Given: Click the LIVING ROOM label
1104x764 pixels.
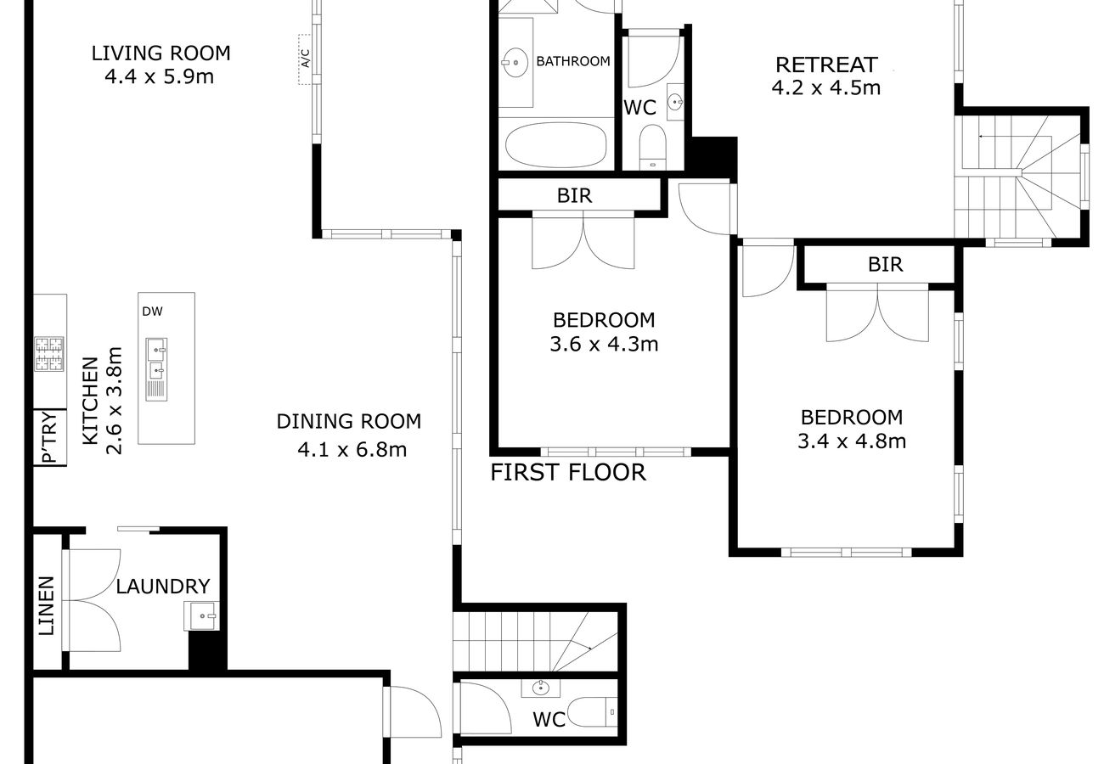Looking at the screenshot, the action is [161, 53].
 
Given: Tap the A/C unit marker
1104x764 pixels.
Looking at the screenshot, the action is [305, 59].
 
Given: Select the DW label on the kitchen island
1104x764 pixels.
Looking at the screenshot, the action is [152, 312].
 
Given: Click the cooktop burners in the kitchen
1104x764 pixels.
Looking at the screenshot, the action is [49, 354].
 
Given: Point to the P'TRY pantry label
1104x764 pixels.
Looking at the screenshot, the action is [50, 437].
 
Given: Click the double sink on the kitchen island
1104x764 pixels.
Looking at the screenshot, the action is [156, 369].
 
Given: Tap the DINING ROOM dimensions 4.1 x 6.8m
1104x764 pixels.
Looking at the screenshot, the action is [352, 450].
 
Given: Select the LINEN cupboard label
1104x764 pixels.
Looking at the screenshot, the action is [47, 606].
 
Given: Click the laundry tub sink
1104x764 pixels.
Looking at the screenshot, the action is [201, 615].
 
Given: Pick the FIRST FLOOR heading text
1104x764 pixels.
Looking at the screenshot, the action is [568, 472].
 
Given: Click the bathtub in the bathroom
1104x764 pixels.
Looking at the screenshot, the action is [556, 145].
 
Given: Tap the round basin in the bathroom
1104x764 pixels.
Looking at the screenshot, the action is [515, 63].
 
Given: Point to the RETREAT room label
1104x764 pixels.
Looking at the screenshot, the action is [826, 65].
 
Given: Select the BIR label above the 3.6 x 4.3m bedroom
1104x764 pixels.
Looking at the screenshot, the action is [574, 196].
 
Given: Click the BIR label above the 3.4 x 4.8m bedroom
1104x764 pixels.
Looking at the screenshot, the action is [885, 265].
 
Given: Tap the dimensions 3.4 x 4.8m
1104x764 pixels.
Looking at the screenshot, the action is [852, 441].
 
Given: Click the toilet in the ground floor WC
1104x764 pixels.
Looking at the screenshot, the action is [592, 711].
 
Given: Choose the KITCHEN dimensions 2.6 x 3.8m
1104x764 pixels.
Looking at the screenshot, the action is [114, 401].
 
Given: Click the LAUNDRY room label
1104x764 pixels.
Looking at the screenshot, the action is [163, 587].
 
